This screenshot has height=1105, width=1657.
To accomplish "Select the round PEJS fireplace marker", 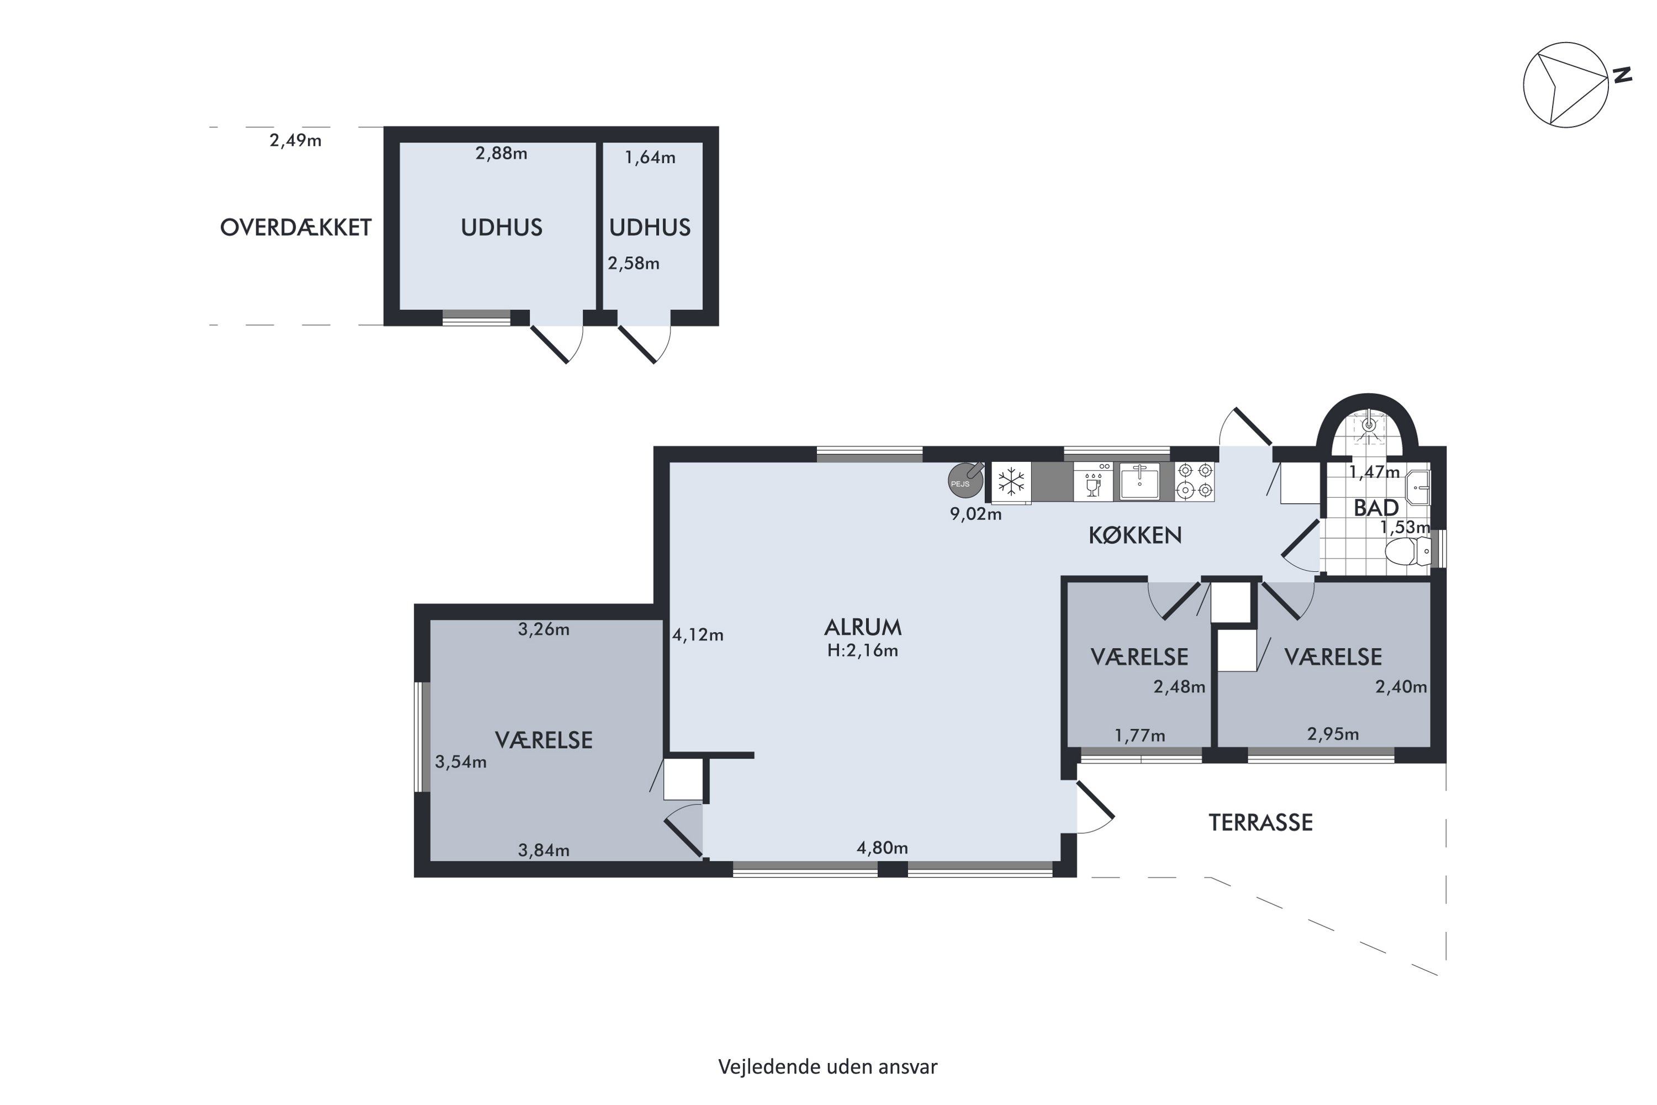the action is click(965, 480).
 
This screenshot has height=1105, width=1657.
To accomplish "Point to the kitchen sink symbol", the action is click(1140, 481).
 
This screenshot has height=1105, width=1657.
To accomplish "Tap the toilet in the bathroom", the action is click(1408, 551).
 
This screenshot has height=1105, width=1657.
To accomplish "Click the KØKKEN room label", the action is click(1135, 535).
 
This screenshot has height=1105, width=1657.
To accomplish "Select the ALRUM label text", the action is click(863, 627).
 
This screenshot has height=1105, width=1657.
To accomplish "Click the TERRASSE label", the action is click(1260, 823).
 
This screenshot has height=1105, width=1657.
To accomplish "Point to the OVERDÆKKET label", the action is click(296, 227).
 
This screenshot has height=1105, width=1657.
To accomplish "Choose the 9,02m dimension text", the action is click(976, 514).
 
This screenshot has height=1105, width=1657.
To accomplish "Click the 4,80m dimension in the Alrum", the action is click(882, 848).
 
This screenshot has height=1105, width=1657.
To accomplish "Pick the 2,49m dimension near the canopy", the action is click(296, 141).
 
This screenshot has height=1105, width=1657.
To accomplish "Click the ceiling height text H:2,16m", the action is click(863, 650).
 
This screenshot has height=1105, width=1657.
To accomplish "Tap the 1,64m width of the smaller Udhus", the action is click(650, 158).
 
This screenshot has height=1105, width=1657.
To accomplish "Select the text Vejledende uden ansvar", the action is click(828, 1067).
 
